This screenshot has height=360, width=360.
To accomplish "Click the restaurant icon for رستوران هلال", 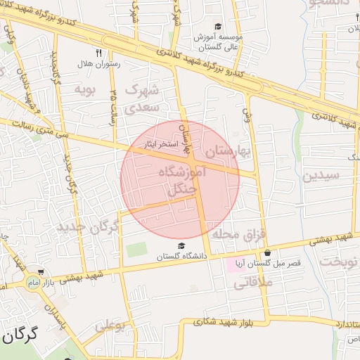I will click(x=99, y=52).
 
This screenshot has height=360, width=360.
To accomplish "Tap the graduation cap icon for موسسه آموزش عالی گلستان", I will click(x=218, y=26).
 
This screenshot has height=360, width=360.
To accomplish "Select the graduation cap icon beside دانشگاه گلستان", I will click(x=182, y=245).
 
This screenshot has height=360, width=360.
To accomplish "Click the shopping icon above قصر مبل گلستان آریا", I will click(x=266, y=253).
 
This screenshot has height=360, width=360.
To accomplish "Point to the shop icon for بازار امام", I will click(x=41, y=272).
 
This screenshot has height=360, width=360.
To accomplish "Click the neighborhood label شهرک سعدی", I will click(x=143, y=98).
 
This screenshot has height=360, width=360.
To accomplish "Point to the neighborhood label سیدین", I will click(x=321, y=175).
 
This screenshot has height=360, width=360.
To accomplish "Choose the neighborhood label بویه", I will click(x=84, y=89).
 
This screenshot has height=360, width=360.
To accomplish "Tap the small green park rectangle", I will click(x=137, y=250).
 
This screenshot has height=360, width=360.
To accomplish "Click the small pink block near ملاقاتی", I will click(x=233, y=266).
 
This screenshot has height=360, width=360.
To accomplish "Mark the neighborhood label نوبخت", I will click(x=339, y=262).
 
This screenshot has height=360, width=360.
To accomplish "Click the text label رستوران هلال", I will click(x=98, y=63).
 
